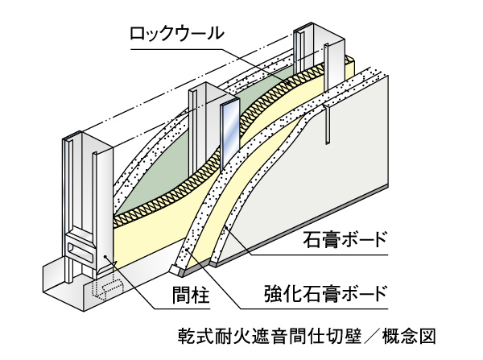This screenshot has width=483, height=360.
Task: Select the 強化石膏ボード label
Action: [x=334, y=291]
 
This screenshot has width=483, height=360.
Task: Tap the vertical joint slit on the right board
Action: [x=329, y=125]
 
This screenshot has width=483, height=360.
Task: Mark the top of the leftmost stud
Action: [x=74, y=139]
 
